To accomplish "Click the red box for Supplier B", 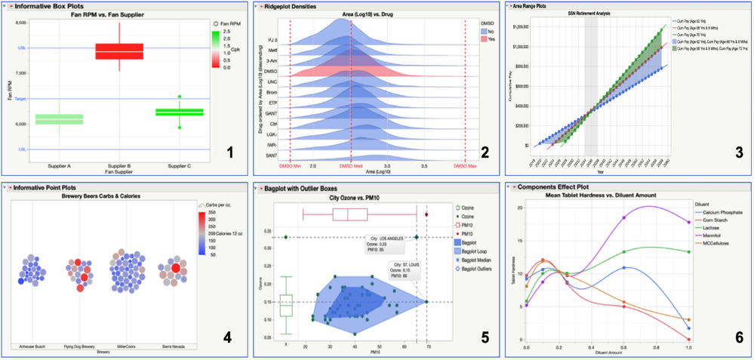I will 119,51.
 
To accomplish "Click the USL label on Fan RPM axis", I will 22,48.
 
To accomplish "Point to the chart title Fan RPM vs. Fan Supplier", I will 119,15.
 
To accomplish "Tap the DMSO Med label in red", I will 351,165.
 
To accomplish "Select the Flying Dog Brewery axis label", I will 78,347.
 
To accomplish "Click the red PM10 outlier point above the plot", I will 427,214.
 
